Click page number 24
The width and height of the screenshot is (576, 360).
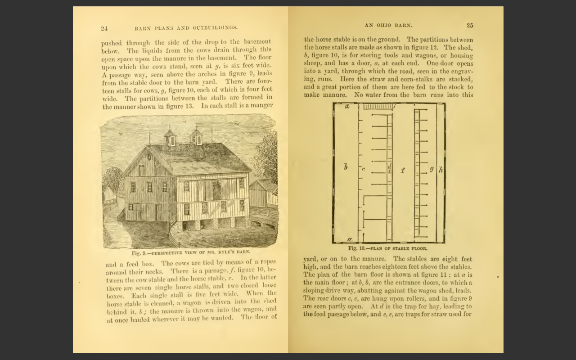(104, 28)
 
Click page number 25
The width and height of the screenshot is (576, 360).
(470, 25)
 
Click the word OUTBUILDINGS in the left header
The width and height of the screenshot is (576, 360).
(215, 28)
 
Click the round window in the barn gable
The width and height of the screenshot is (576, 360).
(149, 157)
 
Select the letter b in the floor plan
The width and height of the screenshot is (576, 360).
(346, 167)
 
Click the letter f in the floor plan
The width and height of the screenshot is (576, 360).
(403, 170)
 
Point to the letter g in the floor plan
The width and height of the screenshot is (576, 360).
(431, 169)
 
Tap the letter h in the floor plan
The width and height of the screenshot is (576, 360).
(441, 169)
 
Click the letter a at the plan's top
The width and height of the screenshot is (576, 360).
(347, 107)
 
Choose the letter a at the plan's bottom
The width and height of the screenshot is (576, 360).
(349, 239)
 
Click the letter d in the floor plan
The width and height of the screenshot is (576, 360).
(389, 166)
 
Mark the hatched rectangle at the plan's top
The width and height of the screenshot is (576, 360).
(377, 107)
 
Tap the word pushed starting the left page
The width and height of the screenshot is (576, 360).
(111, 43)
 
